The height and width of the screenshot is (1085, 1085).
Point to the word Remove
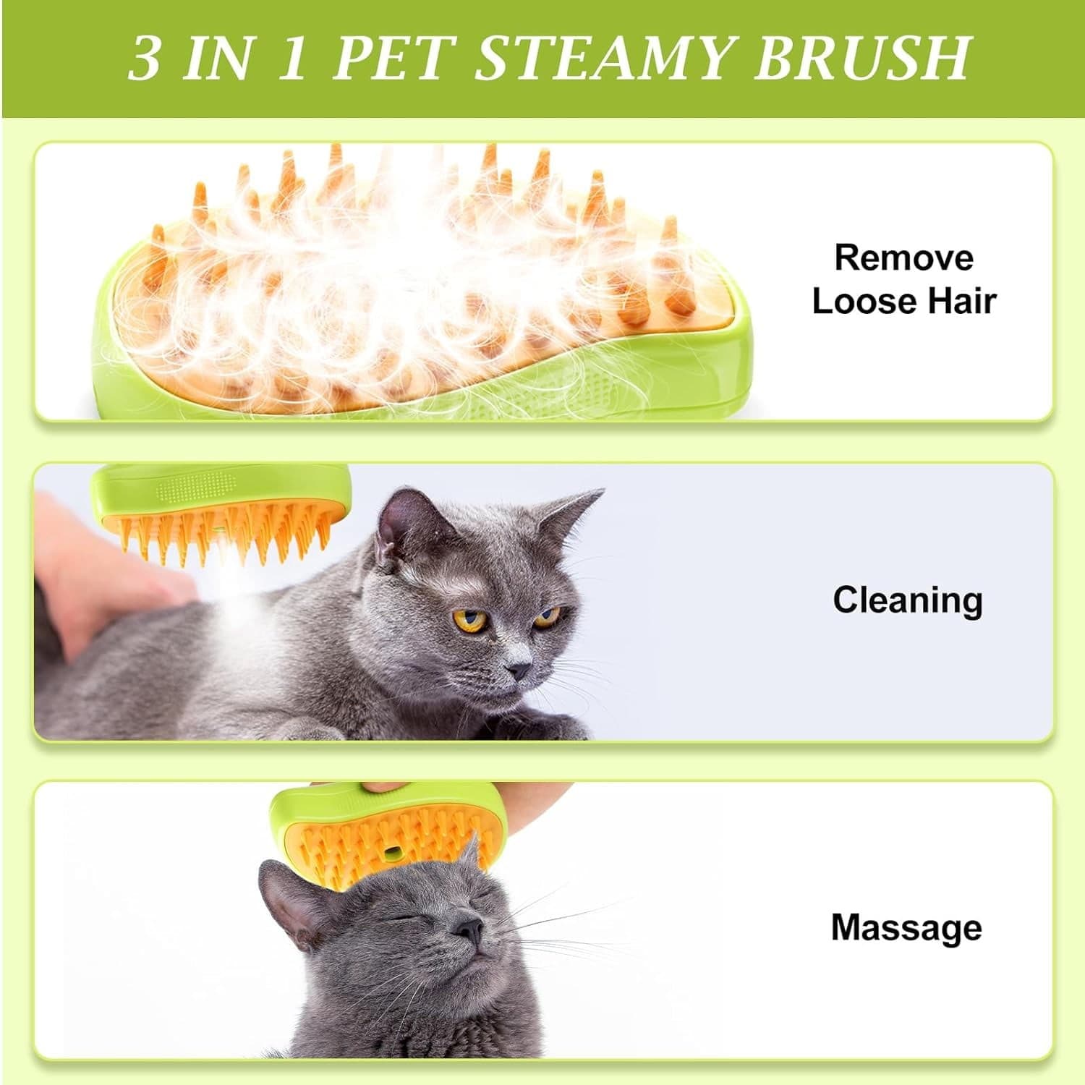[903, 258]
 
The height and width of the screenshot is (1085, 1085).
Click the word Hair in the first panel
[962, 302]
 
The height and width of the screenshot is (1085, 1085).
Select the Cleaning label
[907, 600]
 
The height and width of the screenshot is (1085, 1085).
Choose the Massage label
[906, 927]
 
